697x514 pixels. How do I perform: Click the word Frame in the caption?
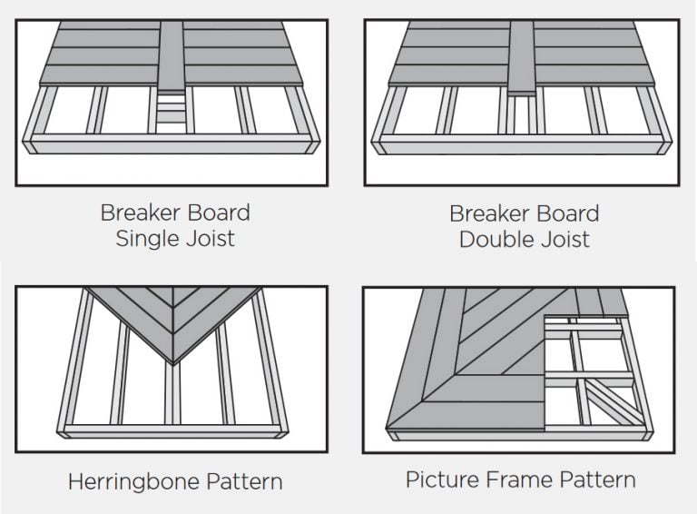pyautogui.click(x=520, y=479)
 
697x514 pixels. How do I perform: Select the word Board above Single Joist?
pyautogui.click(x=219, y=213)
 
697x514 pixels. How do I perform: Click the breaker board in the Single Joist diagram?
pyautogui.click(x=172, y=54)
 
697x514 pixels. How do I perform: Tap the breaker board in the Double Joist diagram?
pyautogui.click(x=520, y=54)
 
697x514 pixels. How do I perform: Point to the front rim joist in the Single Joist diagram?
pyautogui.click(x=172, y=143)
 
